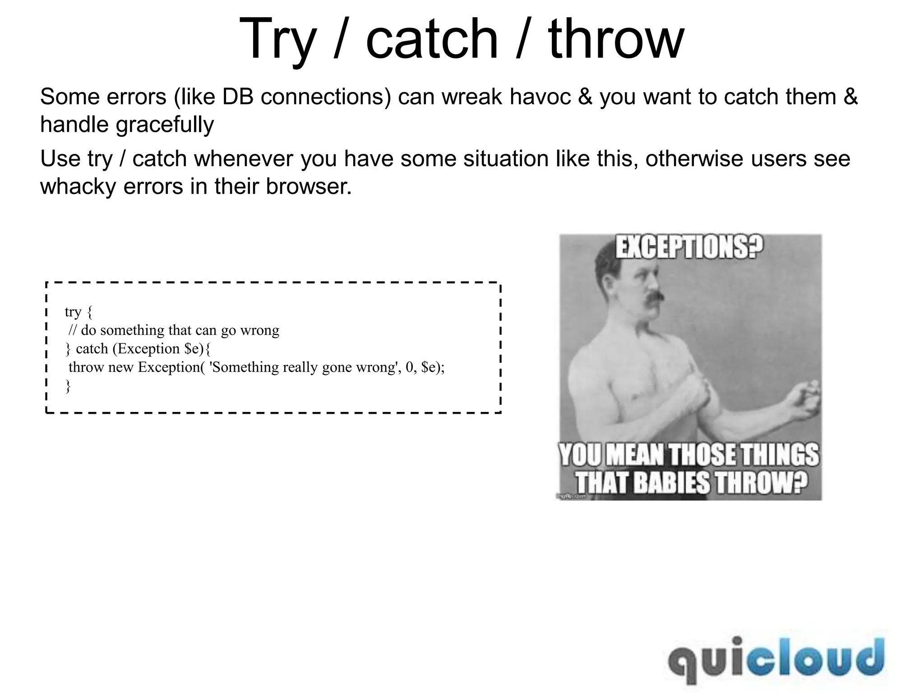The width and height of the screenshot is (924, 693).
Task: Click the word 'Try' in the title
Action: point(276,40)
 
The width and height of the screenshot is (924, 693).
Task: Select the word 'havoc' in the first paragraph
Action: point(541,97)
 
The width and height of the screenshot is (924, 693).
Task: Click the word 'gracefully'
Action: point(165,125)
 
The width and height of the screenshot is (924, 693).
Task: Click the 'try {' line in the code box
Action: point(79,312)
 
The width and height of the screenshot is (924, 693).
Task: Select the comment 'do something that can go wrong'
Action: point(180,330)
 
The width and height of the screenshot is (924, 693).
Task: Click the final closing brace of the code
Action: point(68,386)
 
